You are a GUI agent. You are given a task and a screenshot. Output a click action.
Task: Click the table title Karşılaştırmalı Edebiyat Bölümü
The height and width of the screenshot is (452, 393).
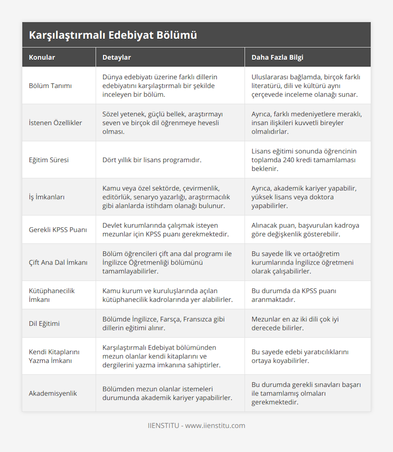(x=113, y=35)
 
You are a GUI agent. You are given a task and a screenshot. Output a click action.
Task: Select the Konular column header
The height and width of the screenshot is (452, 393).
(x=42, y=57)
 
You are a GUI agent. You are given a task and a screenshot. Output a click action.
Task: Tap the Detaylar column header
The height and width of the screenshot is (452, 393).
(x=117, y=57)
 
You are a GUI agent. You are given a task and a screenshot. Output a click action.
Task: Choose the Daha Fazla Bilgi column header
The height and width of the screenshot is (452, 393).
(x=277, y=57)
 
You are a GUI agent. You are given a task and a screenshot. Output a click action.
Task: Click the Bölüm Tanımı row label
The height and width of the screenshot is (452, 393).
(x=50, y=86)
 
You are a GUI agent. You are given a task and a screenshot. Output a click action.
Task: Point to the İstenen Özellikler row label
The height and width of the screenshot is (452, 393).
(x=55, y=123)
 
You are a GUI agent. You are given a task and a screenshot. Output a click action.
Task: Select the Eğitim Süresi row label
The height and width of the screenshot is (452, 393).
(x=49, y=160)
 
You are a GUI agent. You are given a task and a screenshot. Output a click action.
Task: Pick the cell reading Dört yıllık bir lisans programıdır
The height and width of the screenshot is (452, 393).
(x=152, y=160)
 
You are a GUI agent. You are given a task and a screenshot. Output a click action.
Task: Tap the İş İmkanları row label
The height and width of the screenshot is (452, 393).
(x=47, y=197)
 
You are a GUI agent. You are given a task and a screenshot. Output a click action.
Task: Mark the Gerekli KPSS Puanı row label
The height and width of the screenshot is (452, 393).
(x=58, y=230)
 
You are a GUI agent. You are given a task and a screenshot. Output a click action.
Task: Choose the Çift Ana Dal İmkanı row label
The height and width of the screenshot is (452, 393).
(x=58, y=262)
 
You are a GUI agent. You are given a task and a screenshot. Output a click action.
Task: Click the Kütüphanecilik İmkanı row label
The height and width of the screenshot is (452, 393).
(x=52, y=295)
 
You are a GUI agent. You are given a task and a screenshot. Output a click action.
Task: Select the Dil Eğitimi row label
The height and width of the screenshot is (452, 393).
(x=44, y=323)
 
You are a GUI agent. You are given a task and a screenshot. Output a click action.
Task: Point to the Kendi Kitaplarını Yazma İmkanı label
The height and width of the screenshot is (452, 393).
(x=54, y=356)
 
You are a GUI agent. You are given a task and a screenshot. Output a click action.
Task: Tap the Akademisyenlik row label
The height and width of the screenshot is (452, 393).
(x=53, y=393)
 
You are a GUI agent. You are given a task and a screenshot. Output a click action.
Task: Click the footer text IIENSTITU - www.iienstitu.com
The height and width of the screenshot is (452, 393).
(x=196, y=425)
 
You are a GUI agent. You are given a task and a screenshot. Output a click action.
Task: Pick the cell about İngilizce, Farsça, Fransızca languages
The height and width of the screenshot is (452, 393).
(x=163, y=323)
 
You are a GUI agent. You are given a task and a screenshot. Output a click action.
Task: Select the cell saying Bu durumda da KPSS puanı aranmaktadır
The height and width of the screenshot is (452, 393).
(x=293, y=295)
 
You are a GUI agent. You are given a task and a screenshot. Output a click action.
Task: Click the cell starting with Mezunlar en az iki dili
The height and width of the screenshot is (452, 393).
(x=295, y=323)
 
